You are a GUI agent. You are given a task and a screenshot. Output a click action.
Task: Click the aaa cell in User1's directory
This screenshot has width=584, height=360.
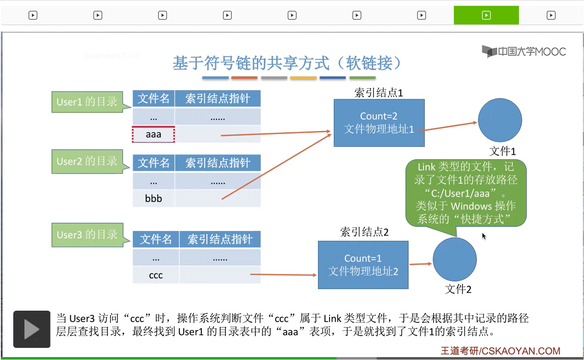pyautogui.click(x=153, y=134)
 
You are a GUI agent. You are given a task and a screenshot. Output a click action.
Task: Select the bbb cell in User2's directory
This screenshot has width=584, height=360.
pyautogui.click(x=153, y=198)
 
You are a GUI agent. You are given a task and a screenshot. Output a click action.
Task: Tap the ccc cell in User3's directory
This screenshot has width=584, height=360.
pyautogui.click(x=156, y=275)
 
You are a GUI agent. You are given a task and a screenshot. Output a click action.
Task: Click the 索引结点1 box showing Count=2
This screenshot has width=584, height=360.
pyautogui.click(x=379, y=123)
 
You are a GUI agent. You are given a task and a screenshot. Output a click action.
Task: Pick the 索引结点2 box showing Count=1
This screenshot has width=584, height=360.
pyautogui.click(x=363, y=265)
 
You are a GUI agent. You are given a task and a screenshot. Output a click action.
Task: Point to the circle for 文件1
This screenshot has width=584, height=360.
pyautogui.click(x=500, y=120)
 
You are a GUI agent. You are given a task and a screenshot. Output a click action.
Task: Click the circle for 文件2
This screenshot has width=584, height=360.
pyautogui.click(x=455, y=259)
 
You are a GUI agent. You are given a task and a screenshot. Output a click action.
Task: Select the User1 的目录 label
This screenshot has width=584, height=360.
pyautogui.click(x=87, y=102)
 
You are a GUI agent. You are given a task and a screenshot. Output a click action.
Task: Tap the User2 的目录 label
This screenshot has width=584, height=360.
pyautogui.click(x=87, y=161)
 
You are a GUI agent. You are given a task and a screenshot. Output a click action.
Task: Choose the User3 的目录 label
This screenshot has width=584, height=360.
pyautogui.click(x=87, y=234)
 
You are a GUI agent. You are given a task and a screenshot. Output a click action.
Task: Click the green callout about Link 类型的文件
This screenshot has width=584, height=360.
pyautogui.click(x=466, y=193)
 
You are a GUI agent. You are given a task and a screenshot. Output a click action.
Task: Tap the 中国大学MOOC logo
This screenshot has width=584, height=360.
pyautogui.click(x=524, y=51)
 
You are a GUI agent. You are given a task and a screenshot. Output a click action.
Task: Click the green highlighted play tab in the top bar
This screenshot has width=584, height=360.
pyautogui.click(x=486, y=15)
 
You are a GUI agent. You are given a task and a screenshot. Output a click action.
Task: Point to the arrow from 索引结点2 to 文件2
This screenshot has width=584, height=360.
pyautogui.click(x=420, y=264)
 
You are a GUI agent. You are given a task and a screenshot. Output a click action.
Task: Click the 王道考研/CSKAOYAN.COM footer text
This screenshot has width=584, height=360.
pyautogui.click(x=500, y=351)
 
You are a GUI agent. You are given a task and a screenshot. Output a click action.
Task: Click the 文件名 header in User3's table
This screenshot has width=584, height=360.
pyautogui.click(x=156, y=239)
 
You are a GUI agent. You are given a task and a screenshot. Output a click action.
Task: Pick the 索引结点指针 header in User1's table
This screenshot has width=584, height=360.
pyautogui.click(x=218, y=99)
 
